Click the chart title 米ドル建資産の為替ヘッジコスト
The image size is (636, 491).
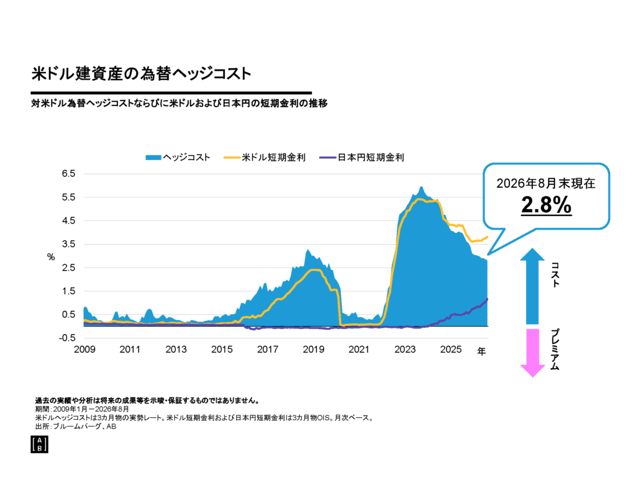point(142,74)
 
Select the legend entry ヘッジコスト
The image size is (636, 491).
point(178,157)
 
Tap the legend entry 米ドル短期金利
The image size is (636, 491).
point(265,157)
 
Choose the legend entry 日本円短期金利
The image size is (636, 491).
point(362,157)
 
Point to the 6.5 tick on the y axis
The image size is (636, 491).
point(68,174)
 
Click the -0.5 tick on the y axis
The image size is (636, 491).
point(67,338)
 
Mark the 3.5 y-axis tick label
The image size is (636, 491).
point(68,244)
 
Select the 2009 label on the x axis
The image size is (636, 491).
point(84,349)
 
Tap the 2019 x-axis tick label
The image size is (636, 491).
point(314,349)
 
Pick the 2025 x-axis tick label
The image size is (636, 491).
point(451,349)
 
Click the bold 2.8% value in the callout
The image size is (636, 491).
point(547,205)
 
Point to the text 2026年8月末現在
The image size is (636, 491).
point(546,183)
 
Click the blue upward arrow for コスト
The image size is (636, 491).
point(532,286)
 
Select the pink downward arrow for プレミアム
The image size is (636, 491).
point(532,353)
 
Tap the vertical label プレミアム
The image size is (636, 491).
point(555,349)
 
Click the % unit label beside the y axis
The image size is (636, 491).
point(51,257)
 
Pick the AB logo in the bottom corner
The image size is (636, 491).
point(39,444)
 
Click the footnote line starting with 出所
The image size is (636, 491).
point(76,426)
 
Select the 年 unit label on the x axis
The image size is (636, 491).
point(481,351)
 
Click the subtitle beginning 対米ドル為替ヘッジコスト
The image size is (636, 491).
point(179,104)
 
